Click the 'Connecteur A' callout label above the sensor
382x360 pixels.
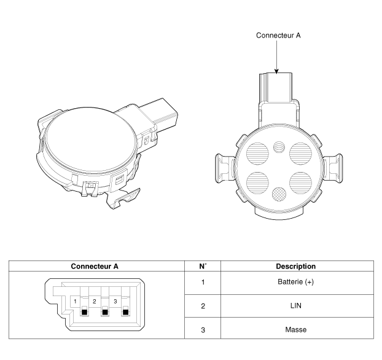click(278, 36)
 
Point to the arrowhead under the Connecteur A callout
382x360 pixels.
click(276, 71)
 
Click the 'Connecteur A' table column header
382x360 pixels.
click(95, 266)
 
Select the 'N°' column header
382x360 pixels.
click(203, 266)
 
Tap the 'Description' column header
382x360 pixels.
click(296, 266)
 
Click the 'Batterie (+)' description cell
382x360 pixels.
click(296, 282)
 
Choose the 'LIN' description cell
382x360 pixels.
click(296, 306)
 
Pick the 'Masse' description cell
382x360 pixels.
click(296, 330)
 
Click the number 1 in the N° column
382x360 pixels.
click(203, 282)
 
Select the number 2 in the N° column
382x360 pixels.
click(203, 306)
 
